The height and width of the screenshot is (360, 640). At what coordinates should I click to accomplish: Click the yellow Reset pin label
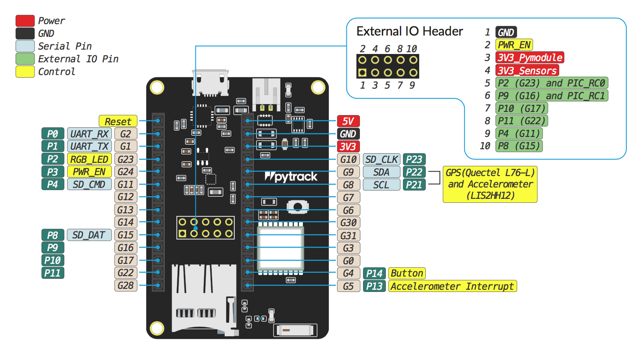click(x=118, y=121)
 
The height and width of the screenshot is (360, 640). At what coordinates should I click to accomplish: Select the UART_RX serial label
click(x=89, y=134)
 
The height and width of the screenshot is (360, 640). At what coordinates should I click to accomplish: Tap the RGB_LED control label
click(x=89, y=159)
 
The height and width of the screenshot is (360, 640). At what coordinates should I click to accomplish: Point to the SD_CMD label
click(x=89, y=184)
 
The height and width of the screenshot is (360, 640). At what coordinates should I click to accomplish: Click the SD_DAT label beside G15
click(x=89, y=235)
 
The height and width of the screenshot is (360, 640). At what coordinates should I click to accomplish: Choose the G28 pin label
click(x=126, y=285)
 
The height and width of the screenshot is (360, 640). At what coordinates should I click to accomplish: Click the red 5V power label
click(x=348, y=121)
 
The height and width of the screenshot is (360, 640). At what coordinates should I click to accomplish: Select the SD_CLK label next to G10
click(x=381, y=159)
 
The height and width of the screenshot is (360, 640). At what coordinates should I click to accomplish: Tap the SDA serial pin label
click(x=381, y=172)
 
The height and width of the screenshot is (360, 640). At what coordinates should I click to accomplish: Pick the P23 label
click(x=414, y=159)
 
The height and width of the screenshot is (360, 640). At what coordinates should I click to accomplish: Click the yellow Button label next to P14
click(x=406, y=273)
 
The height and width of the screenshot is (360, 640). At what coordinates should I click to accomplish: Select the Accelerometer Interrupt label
click(x=452, y=286)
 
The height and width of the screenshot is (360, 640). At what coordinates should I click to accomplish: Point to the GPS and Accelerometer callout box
click(x=490, y=184)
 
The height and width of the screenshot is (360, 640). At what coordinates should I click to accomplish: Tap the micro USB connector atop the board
click(x=210, y=83)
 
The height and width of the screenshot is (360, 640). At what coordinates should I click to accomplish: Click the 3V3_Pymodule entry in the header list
click(x=530, y=58)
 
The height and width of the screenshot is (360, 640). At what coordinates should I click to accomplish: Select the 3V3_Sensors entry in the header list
click(x=527, y=70)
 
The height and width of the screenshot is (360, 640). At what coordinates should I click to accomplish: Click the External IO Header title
click(x=410, y=31)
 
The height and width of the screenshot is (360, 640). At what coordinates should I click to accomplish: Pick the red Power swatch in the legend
click(x=25, y=21)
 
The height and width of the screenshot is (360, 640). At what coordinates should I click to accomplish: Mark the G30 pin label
click(x=348, y=223)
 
